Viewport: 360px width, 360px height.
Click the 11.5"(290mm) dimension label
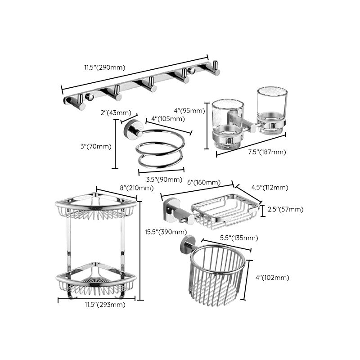point(104,68)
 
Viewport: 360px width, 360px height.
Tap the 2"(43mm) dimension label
point(116,112)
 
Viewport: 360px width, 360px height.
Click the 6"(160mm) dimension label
point(203,182)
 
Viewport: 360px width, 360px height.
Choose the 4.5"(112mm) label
point(270,188)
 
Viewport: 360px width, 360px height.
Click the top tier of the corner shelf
point(95,207)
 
